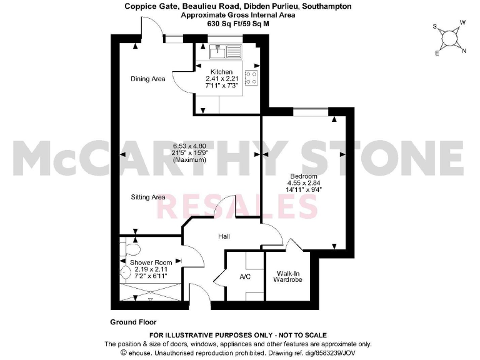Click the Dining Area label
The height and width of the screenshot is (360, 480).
coord(147,79)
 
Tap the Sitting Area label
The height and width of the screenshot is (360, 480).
coord(148,197)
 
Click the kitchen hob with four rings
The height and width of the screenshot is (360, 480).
coord(252,77)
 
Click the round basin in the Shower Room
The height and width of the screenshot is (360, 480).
coord(125,272)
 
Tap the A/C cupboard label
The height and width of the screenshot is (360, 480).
coord(245,276)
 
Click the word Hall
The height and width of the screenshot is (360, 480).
coord(225,237)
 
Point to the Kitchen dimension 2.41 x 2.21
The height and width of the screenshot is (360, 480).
coord(221,79)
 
